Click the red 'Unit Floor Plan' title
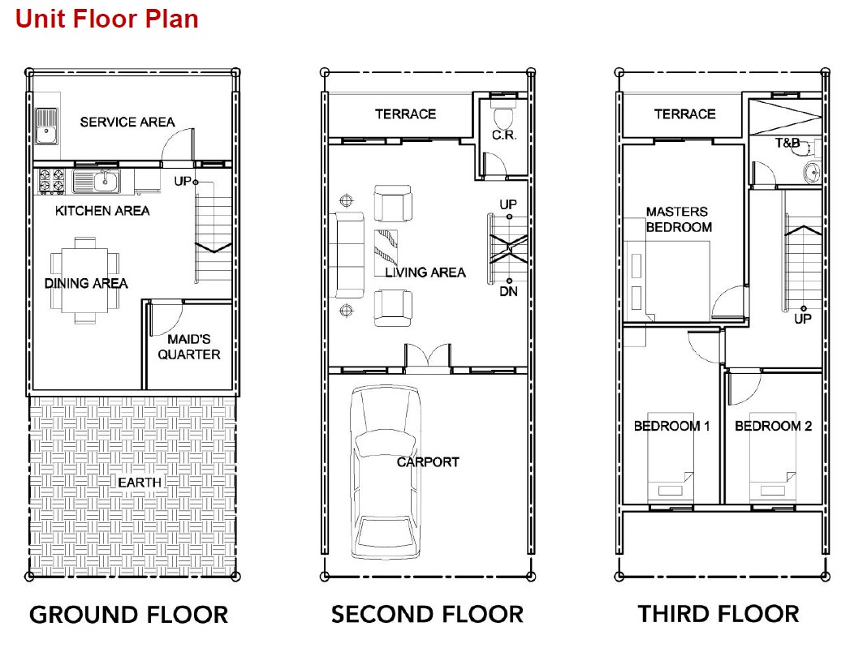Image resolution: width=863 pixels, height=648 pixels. click(107, 19)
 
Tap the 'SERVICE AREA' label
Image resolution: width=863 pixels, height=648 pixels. click(127, 122)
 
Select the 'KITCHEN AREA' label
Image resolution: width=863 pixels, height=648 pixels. click(102, 211)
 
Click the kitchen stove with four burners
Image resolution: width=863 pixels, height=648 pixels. click(50, 182)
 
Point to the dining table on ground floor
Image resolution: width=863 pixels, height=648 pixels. click(84, 281)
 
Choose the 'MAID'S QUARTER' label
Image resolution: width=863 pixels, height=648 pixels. click(189, 347)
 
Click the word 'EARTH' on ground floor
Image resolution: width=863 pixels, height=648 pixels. click(140, 483)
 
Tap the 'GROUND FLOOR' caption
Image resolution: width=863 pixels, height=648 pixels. click(129, 615)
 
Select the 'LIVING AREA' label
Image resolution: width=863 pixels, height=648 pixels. click(425, 273)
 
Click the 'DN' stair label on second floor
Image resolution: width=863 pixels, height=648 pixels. click(508, 292)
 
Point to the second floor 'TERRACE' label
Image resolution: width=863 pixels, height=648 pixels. click(406, 114)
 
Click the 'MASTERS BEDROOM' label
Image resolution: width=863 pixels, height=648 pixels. click(678, 219)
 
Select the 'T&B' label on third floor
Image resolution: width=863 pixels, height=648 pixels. click(787, 144)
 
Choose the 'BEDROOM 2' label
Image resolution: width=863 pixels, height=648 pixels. click(773, 426)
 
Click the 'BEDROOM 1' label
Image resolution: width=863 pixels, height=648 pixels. click(671, 426)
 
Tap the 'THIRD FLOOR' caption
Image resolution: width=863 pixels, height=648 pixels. click(718, 614)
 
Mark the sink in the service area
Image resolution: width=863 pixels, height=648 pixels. click(46, 126)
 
